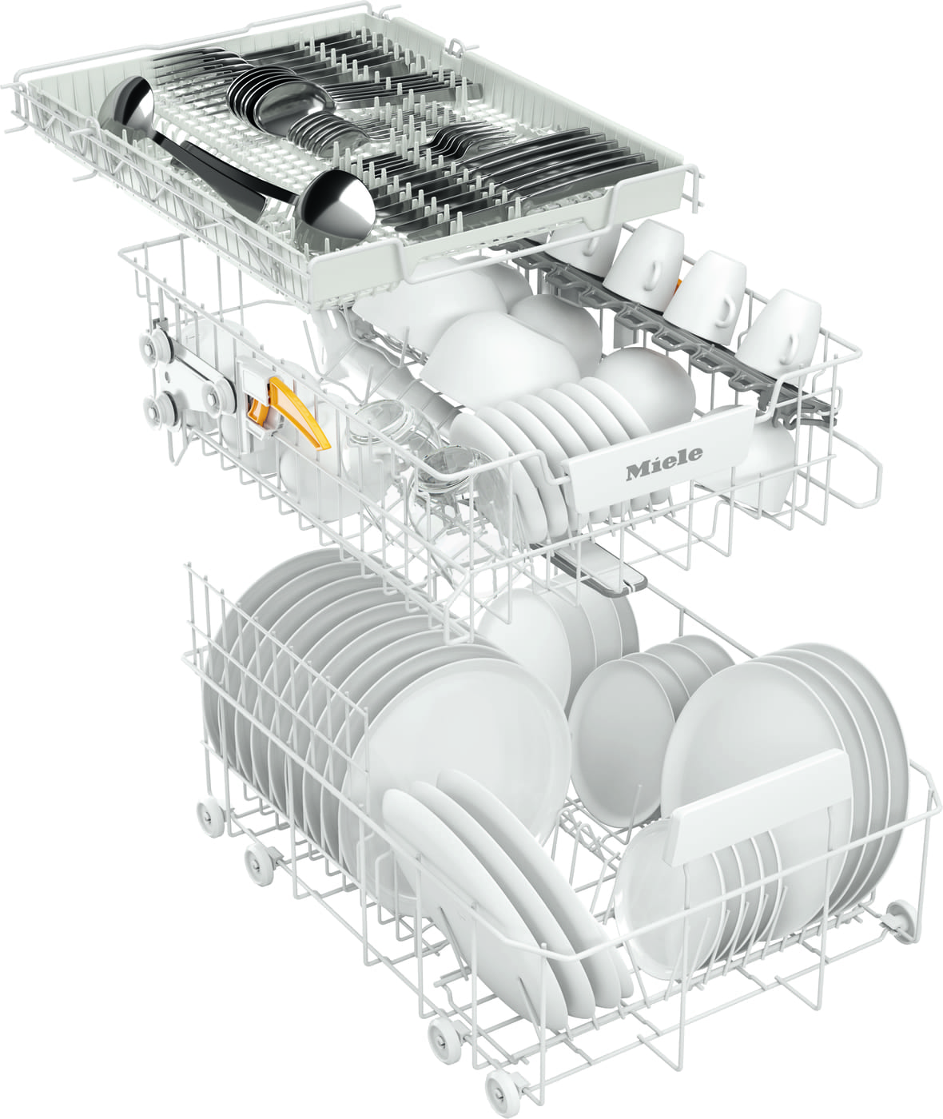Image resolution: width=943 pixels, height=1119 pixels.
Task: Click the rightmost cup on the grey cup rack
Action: click(780, 328)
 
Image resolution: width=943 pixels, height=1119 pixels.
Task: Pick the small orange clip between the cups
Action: click(678, 287)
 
